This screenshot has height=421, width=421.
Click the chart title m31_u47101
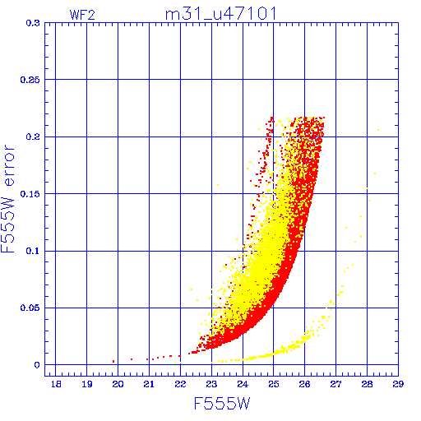point(221,14)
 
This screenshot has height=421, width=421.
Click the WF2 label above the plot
point(82,15)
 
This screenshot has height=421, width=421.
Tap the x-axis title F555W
point(222,404)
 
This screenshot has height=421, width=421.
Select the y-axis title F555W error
point(7,199)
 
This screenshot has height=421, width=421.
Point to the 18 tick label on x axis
point(56,384)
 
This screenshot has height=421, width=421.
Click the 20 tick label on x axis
point(118,384)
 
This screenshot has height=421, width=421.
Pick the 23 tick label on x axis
point(211,384)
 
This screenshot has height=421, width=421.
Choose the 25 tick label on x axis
point(274,384)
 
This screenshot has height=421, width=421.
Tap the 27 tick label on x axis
point(335,384)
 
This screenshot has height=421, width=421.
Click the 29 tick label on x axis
point(398,384)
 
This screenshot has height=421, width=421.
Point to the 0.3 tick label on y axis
point(33,23)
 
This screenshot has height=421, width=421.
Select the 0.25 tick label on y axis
point(30,80)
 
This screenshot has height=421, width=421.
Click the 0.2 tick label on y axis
point(33,136)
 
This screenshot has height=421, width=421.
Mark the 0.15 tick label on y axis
point(30,194)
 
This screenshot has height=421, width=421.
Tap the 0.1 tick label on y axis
point(33,251)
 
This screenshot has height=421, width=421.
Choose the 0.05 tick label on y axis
point(30,308)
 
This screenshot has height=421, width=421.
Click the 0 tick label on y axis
point(37,365)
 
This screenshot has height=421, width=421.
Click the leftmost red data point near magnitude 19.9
point(113,362)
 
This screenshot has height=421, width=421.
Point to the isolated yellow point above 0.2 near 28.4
point(378,130)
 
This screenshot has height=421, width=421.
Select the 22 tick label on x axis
point(180,384)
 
